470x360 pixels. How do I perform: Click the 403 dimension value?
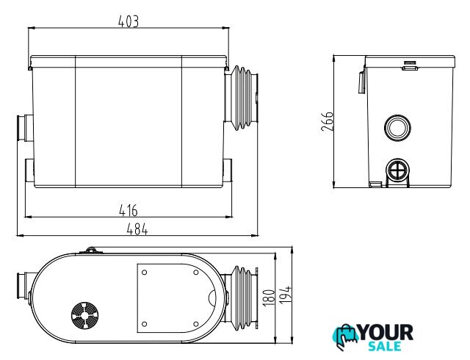[x=129, y=21]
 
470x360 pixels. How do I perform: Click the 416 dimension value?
[x=129, y=210]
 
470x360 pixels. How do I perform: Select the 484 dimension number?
[x=137, y=229]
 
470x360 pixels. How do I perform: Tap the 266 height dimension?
[x=327, y=121]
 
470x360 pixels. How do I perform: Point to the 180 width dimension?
[x=269, y=298]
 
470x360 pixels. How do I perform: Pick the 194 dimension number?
[x=286, y=295]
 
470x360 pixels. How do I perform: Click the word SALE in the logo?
[x=385, y=346]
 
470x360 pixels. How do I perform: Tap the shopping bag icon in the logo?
[x=346, y=336]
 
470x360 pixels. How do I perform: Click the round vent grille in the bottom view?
[x=85, y=315]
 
